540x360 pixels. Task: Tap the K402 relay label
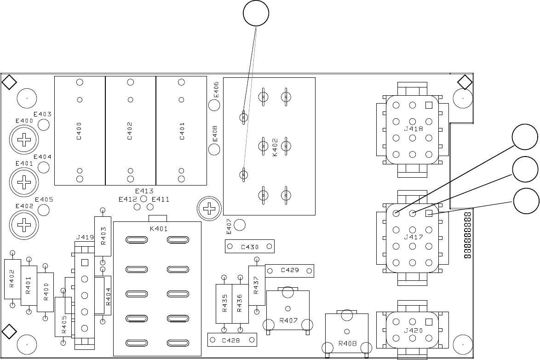pyautogui.click(x=275, y=146)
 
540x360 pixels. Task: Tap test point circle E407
pyautogui.click(x=240, y=225)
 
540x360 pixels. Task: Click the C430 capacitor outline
pyautogui.click(x=250, y=247)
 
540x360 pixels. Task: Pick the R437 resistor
pyautogui.click(x=257, y=285)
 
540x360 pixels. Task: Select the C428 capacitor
pyautogui.click(x=232, y=340)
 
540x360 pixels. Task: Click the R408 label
pyautogui.click(x=347, y=343)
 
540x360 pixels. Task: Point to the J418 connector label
pyautogui.click(x=413, y=129)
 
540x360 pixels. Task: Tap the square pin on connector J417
pyautogui.click(x=429, y=213)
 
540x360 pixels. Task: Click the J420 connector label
pyautogui.click(x=413, y=330)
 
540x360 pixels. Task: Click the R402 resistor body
pyautogui.click(x=12, y=279)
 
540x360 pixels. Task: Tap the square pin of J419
pyautogui.click(x=84, y=263)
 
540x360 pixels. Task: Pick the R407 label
pyautogui.click(x=287, y=320)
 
